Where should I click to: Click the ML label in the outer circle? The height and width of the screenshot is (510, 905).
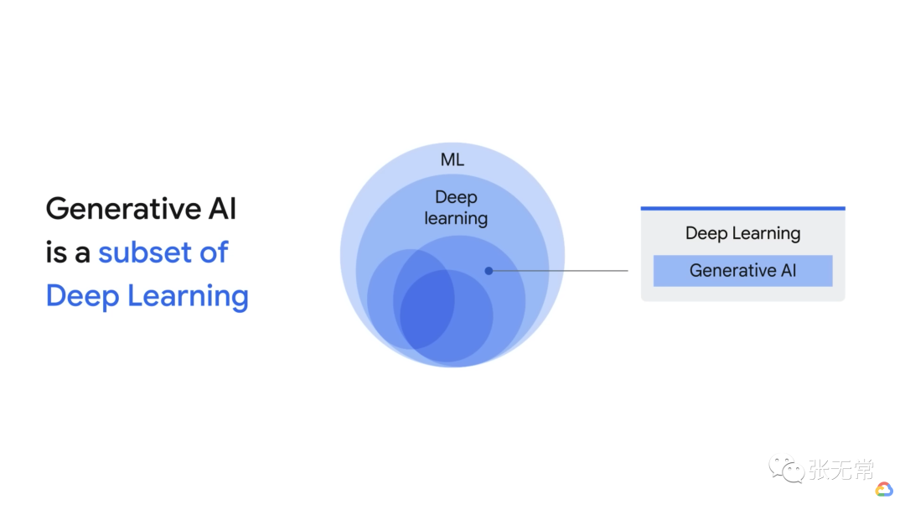(452, 159)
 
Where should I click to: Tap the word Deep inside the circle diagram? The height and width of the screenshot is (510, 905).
(456, 198)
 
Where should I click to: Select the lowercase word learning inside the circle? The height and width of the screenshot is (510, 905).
(456, 219)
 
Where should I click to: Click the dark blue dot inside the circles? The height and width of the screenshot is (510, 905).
(489, 271)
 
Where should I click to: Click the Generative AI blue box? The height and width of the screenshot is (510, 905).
(742, 271)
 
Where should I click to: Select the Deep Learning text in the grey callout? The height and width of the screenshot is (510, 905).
(742, 233)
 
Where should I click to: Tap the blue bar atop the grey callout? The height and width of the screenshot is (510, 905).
(742, 208)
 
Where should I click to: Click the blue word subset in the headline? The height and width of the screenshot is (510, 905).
(143, 252)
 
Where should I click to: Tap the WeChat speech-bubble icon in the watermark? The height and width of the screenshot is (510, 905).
(787, 470)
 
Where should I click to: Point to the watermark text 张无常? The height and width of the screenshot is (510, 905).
(840, 470)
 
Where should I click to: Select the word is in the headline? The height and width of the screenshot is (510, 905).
(55, 252)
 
